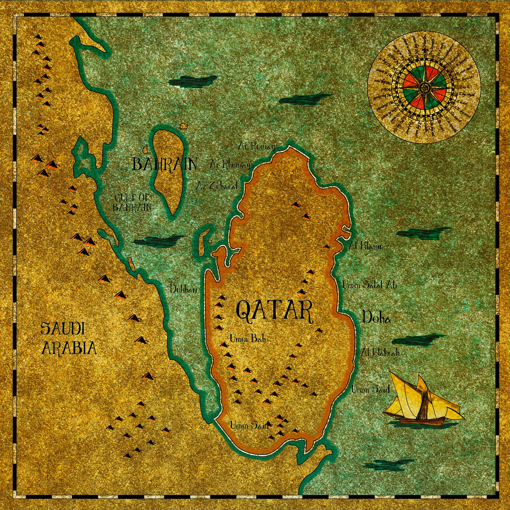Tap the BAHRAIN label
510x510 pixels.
tap(164, 164)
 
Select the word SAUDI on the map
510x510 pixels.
tap(62, 329)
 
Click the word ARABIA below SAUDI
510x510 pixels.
tap(69, 348)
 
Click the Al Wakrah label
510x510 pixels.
tap(380, 352)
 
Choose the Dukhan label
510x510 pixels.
tap(184, 289)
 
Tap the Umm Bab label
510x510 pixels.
tap(247, 339)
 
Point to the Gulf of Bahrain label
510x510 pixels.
tap(132, 202)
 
